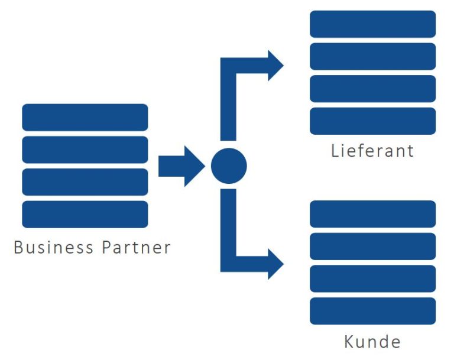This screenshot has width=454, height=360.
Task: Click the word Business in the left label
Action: [x=53, y=247]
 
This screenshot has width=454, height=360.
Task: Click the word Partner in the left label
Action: [x=137, y=247]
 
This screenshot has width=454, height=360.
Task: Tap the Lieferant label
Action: [x=372, y=150]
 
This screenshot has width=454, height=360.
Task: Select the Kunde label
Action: [x=372, y=341]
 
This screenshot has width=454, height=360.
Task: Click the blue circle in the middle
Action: [x=229, y=166]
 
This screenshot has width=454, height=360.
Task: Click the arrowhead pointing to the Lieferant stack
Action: [x=275, y=65]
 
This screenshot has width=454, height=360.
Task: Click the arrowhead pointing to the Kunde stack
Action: [x=275, y=264]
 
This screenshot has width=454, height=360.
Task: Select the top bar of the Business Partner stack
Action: [x=85, y=117]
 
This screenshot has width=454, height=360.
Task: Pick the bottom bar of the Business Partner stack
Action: [x=85, y=214]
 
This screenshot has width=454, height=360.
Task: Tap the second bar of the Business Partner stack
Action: [x=85, y=150]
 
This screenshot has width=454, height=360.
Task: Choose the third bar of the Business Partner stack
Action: [x=85, y=181]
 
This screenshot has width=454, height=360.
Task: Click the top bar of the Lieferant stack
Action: [x=372, y=24]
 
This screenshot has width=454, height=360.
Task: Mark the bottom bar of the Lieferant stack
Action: [x=372, y=121]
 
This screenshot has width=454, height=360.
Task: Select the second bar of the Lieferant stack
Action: [x=372, y=56]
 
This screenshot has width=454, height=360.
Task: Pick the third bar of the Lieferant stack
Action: [x=372, y=89]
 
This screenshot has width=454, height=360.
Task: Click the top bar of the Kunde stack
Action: [x=372, y=214]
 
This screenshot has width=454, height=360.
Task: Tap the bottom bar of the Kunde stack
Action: [x=372, y=311]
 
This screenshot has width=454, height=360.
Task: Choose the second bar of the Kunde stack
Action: [x=372, y=247]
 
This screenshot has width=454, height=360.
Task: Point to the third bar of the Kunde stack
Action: [x=372, y=278]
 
